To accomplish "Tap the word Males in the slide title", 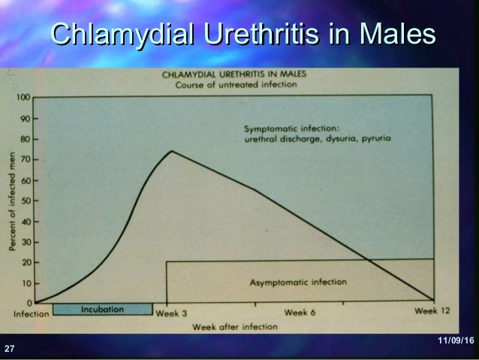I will click(x=397, y=35).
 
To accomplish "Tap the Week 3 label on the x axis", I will click(x=172, y=312).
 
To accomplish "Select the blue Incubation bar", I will click(x=103, y=309).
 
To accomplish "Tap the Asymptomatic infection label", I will click(x=297, y=283).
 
